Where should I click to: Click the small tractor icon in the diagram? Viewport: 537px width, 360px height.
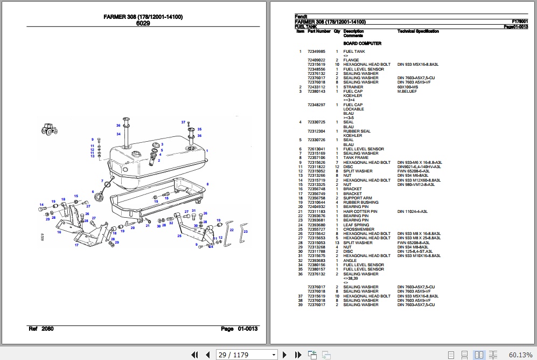pos(50,129)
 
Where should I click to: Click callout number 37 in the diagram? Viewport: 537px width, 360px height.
pos(183,122)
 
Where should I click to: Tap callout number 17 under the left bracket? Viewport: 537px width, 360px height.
pos(76,245)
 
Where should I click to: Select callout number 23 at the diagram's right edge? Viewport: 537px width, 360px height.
pos(246,231)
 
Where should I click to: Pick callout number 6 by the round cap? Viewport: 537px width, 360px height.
pos(93,191)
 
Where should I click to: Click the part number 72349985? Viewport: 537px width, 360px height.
pos(316,52)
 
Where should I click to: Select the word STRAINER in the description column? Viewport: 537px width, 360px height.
pos(353,87)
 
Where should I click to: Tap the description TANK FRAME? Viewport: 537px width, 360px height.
pos(356,158)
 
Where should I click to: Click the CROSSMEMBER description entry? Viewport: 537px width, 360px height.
pos(358,229)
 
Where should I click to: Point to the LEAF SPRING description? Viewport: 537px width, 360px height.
pos(356,225)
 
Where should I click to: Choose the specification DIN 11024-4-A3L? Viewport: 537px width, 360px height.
pos(412,212)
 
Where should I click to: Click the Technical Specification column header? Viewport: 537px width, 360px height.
pos(418,31)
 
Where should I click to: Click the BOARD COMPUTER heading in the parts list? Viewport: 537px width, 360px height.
pos(362,44)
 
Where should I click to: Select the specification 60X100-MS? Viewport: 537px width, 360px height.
pos(407,87)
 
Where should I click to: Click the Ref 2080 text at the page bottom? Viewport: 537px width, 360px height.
pos(40,329)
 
